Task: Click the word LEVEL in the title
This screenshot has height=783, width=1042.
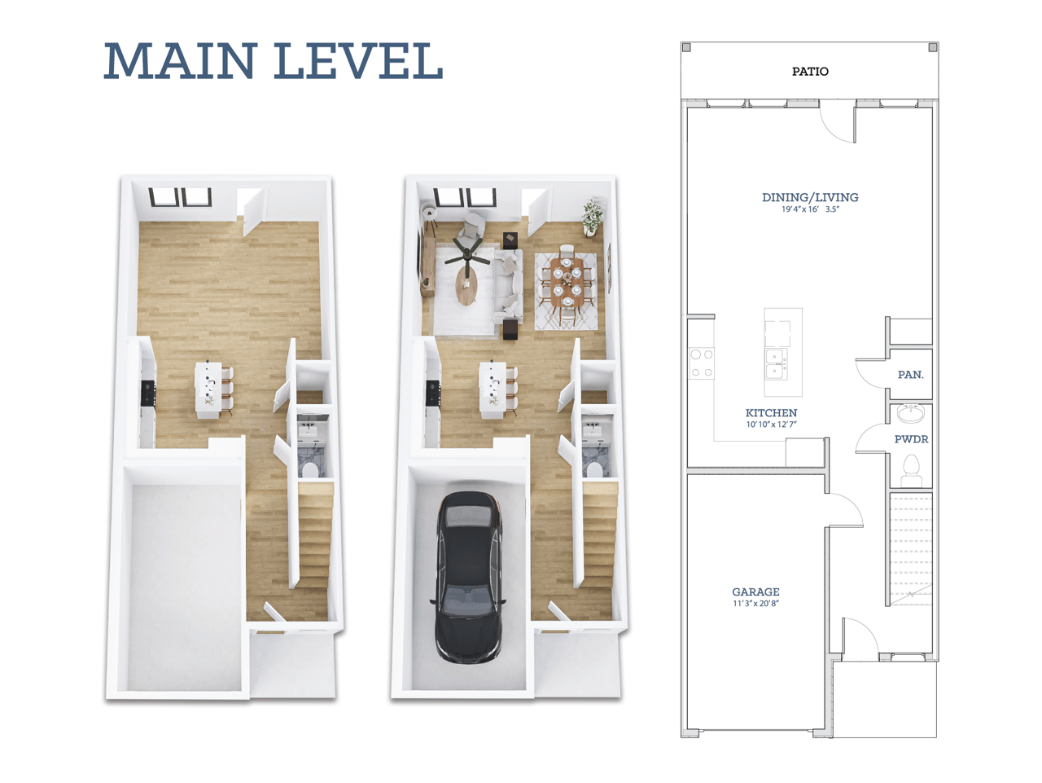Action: point(359,61)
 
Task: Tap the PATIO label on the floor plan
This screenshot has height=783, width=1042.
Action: point(810,72)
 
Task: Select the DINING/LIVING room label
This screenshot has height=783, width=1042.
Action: point(810,197)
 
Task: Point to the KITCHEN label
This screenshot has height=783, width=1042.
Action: point(771,413)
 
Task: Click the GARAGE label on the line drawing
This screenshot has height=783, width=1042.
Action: point(755,592)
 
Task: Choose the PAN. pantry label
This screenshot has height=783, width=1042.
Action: point(910,375)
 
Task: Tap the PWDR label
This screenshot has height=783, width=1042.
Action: point(911,439)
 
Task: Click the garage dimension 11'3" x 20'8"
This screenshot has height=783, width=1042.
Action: point(755,604)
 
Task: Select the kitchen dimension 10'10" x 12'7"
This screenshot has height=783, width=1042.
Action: point(771,424)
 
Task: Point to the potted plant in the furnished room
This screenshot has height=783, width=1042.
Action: point(593,215)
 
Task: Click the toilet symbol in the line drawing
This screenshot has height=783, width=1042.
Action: point(911,470)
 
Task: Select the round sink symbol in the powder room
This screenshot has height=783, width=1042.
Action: point(910,414)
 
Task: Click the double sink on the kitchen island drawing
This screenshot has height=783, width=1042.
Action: point(776,363)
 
